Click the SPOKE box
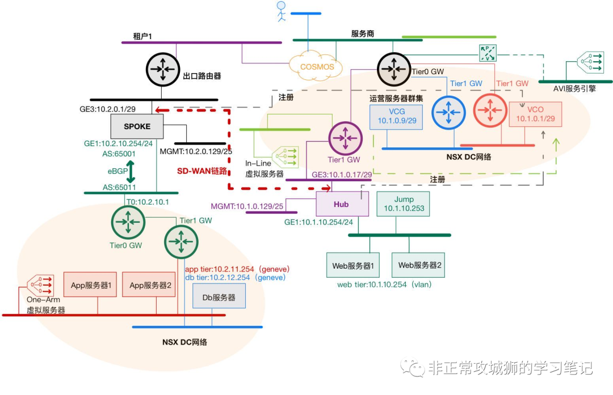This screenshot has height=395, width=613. point(137,126)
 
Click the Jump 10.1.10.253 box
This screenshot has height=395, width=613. point(404,204)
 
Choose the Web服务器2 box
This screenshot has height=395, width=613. point(419,265)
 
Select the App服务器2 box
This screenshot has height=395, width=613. point(150,285)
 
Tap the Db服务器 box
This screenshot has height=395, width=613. point(220,296)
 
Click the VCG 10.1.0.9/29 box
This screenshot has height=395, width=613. point(396,117)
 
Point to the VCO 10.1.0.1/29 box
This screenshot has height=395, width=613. point(535,114)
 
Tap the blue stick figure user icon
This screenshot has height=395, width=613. point(280,11)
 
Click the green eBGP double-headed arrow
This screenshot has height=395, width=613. point(130,170)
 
